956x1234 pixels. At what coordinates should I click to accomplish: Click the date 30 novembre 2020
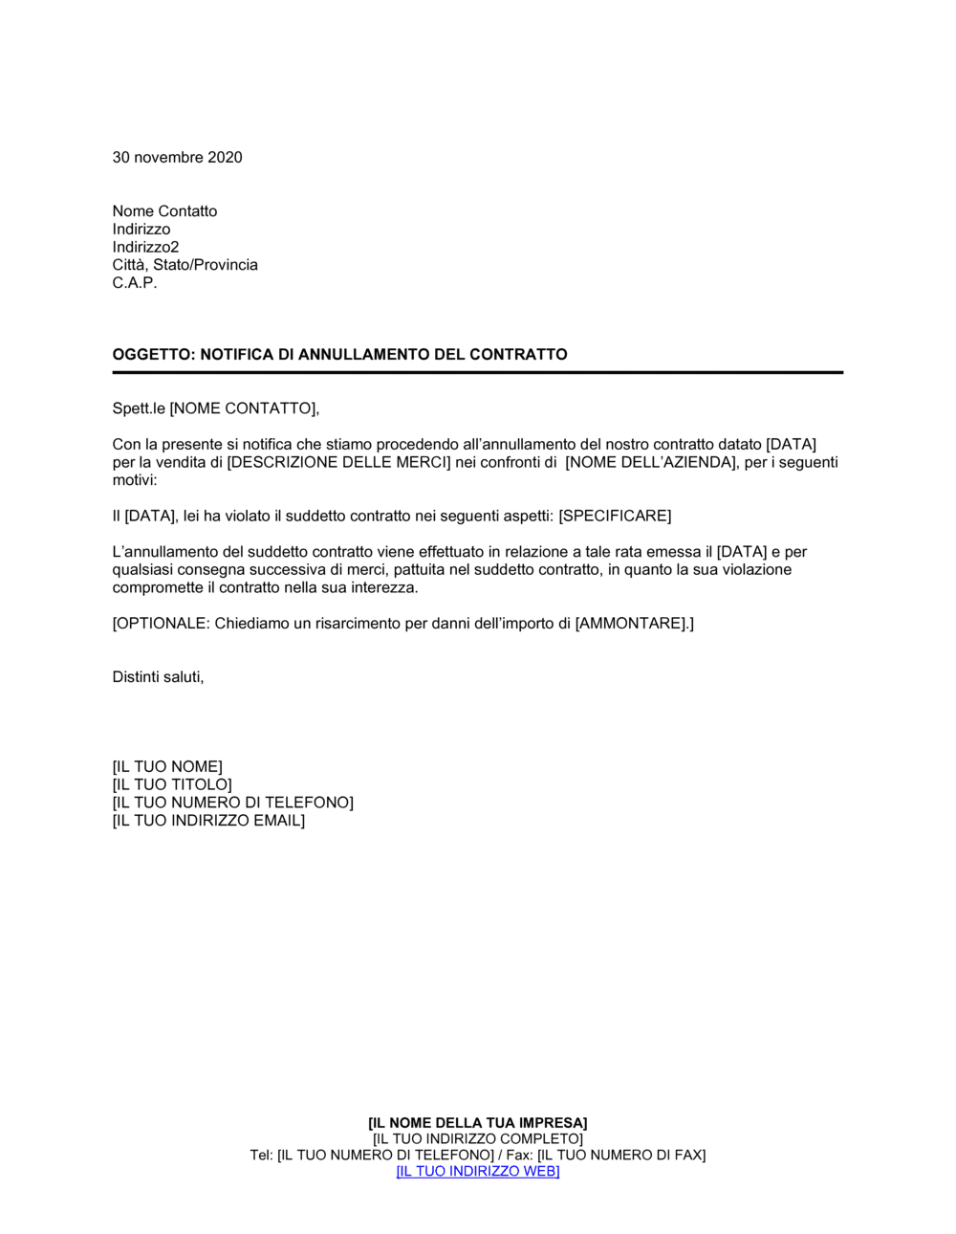(177, 158)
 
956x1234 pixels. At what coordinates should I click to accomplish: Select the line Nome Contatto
(164, 211)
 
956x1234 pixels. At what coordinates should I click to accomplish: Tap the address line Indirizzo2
(145, 247)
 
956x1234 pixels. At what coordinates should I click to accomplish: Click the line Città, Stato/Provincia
(185, 265)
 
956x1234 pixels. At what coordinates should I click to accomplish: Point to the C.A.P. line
(134, 283)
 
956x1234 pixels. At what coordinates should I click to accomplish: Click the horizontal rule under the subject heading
(478, 372)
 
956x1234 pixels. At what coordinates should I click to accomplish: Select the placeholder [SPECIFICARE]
(615, 517)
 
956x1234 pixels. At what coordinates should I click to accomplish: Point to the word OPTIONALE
(161, 624)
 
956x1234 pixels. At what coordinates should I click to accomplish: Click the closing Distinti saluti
(158, 677)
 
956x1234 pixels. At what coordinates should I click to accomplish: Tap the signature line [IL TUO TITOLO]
(172, 785)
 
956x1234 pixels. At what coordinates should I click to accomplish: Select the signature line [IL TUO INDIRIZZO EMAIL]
(208, 821)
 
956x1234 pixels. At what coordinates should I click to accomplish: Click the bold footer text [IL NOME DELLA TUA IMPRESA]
(478, 1123)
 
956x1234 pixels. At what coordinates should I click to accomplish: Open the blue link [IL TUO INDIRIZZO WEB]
(478, 1172)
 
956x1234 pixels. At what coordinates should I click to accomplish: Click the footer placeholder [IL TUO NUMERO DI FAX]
(621, 1156)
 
